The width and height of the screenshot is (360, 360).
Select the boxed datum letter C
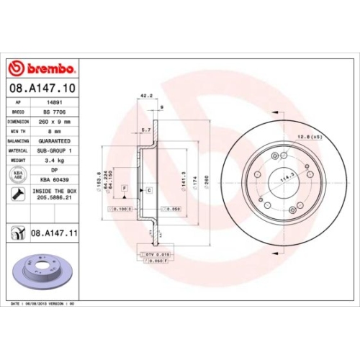(x=148, y=189)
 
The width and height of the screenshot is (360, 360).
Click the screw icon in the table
(x=17, y=194)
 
